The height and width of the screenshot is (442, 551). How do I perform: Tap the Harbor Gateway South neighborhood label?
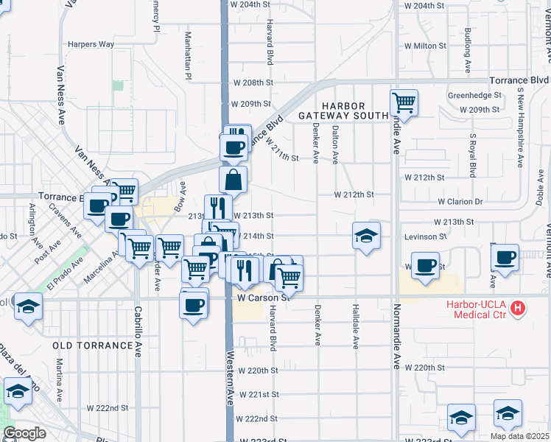click(x=343, y=110)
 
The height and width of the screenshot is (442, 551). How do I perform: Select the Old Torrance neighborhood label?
click(x=91, y=345)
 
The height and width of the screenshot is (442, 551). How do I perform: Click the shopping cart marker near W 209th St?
click(x=404, y=102)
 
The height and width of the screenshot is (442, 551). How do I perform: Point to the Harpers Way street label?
click(x=91, y=44)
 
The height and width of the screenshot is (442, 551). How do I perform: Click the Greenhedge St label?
click(x=474, y=96)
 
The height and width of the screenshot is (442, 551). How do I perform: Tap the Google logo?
click(x=24, y=433)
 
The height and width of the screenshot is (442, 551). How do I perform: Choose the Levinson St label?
click(x=425, y=236)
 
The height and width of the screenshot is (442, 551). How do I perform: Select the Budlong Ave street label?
click(x=468, y=50)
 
